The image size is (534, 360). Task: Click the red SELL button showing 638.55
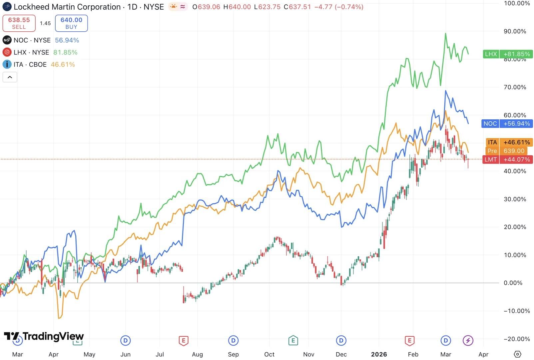[x=19, y=23]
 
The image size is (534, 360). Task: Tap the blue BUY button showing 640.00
[x=71, y=23]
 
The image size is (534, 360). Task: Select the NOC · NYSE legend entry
[x=32, y=40]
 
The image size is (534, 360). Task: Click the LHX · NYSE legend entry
[x=31, y=52]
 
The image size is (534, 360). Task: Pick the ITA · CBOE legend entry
[x=30, y=64]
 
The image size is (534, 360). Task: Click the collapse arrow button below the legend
[x=10, y=77]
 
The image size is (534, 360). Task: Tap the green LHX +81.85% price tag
[x=508, y=54]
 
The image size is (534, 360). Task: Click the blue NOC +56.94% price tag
[x=507, y=124]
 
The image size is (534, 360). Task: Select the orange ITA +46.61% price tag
[x=509, y=142]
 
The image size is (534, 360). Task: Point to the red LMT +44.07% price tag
[x=507, y=160]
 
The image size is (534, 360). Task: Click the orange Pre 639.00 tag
[x=509, y=151]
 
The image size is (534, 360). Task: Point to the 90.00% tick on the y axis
[x=515, y=31]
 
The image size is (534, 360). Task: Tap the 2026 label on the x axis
[x=379, y=354]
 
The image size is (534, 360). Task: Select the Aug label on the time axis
[x=197, y=354]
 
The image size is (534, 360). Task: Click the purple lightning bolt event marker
[x=468, y=340]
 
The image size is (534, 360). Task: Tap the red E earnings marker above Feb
[x=409, y=340]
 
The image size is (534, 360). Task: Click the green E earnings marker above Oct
[x=293, y=340]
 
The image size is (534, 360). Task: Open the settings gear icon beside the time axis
[x=517, y=354]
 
